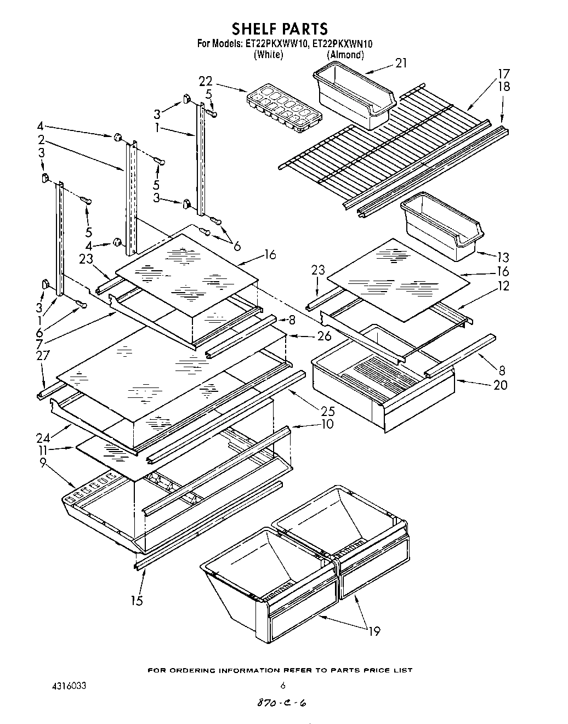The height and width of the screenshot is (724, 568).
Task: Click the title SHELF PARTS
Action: click(279, 28)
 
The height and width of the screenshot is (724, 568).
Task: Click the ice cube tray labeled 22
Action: click(284, 107)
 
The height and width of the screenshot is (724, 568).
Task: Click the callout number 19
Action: click(373, 632)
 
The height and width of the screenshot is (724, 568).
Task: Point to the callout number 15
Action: click(137, 600)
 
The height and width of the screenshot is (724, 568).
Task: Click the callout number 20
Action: click(500, 385)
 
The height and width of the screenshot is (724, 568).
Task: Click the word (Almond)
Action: click(345, 55)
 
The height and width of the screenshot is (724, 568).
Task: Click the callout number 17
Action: click(503, 74)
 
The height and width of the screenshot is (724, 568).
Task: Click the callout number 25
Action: click(328, 410)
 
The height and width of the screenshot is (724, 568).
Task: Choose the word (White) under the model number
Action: click(268, 55)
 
